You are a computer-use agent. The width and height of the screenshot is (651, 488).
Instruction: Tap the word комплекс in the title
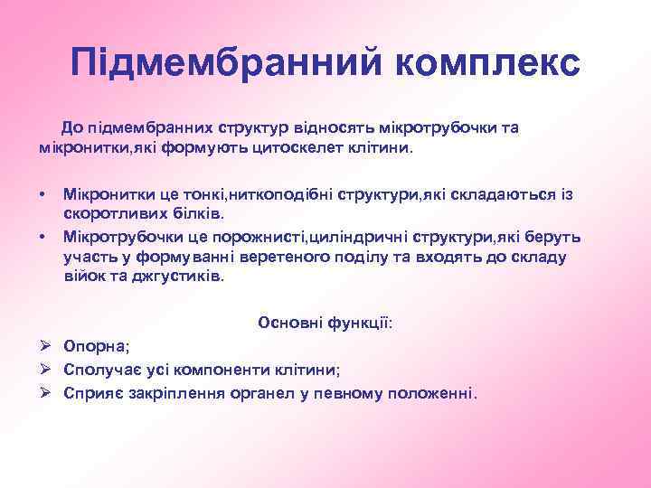pyautogui.click(x=487, y=64)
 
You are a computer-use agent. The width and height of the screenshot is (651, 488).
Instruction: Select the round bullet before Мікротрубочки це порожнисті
pyautogui.click(x=42, y=237)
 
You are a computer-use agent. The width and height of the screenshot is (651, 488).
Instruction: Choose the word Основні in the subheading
pyautogui.click(x=287, y=323)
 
